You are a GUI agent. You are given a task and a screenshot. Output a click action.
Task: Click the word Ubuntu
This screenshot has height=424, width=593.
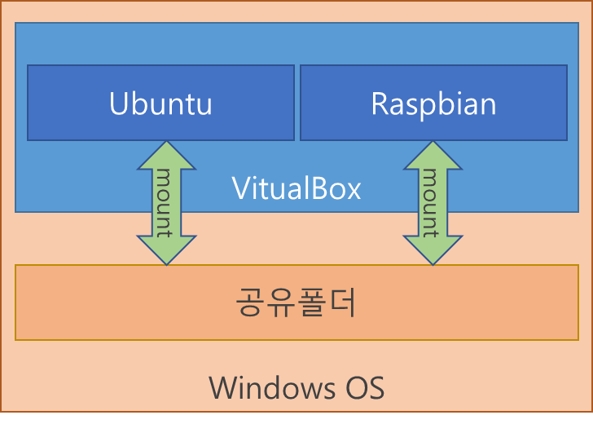[x=160, y=104]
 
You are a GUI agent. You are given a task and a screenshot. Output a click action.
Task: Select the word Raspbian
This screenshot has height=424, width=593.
[x=433, y=104]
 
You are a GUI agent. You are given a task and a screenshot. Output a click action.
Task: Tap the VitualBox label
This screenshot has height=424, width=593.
[x=296, y=188]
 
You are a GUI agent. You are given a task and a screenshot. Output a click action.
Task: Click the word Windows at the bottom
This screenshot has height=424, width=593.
[x=270, y=387]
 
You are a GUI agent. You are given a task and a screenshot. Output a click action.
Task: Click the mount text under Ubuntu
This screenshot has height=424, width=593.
[x=165, y=202]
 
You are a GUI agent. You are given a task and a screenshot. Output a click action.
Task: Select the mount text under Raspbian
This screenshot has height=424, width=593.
[x=431, y=202]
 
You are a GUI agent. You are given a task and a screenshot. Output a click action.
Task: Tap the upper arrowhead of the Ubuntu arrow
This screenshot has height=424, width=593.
[x=166, y=156]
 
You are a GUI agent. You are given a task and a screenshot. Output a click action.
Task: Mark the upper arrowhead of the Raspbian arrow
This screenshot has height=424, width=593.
[x=433, y=156]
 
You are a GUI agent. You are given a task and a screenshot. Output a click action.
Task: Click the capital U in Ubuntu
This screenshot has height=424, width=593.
[x=119, y=104]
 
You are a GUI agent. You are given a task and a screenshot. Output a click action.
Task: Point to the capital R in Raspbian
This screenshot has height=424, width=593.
[x=380, y=104]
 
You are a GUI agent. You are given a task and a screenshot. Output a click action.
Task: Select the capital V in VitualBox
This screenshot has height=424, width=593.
[x=241, y=188]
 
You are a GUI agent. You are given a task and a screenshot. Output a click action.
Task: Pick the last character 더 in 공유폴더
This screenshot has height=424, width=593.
[x=342, y=303]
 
